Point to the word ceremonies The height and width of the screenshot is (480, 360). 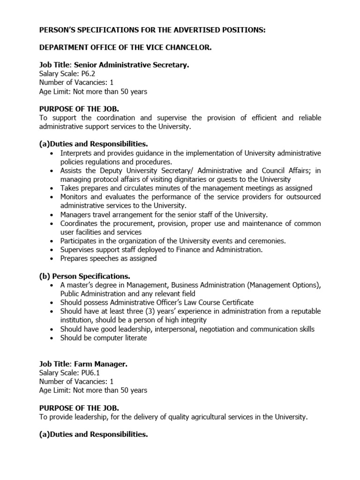pyautogui.click(x=266, y=240)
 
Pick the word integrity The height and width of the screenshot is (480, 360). pyautogui.click(x=192, y=320)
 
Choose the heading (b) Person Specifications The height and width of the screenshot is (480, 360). pyautogui.click(x=84, y=276)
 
